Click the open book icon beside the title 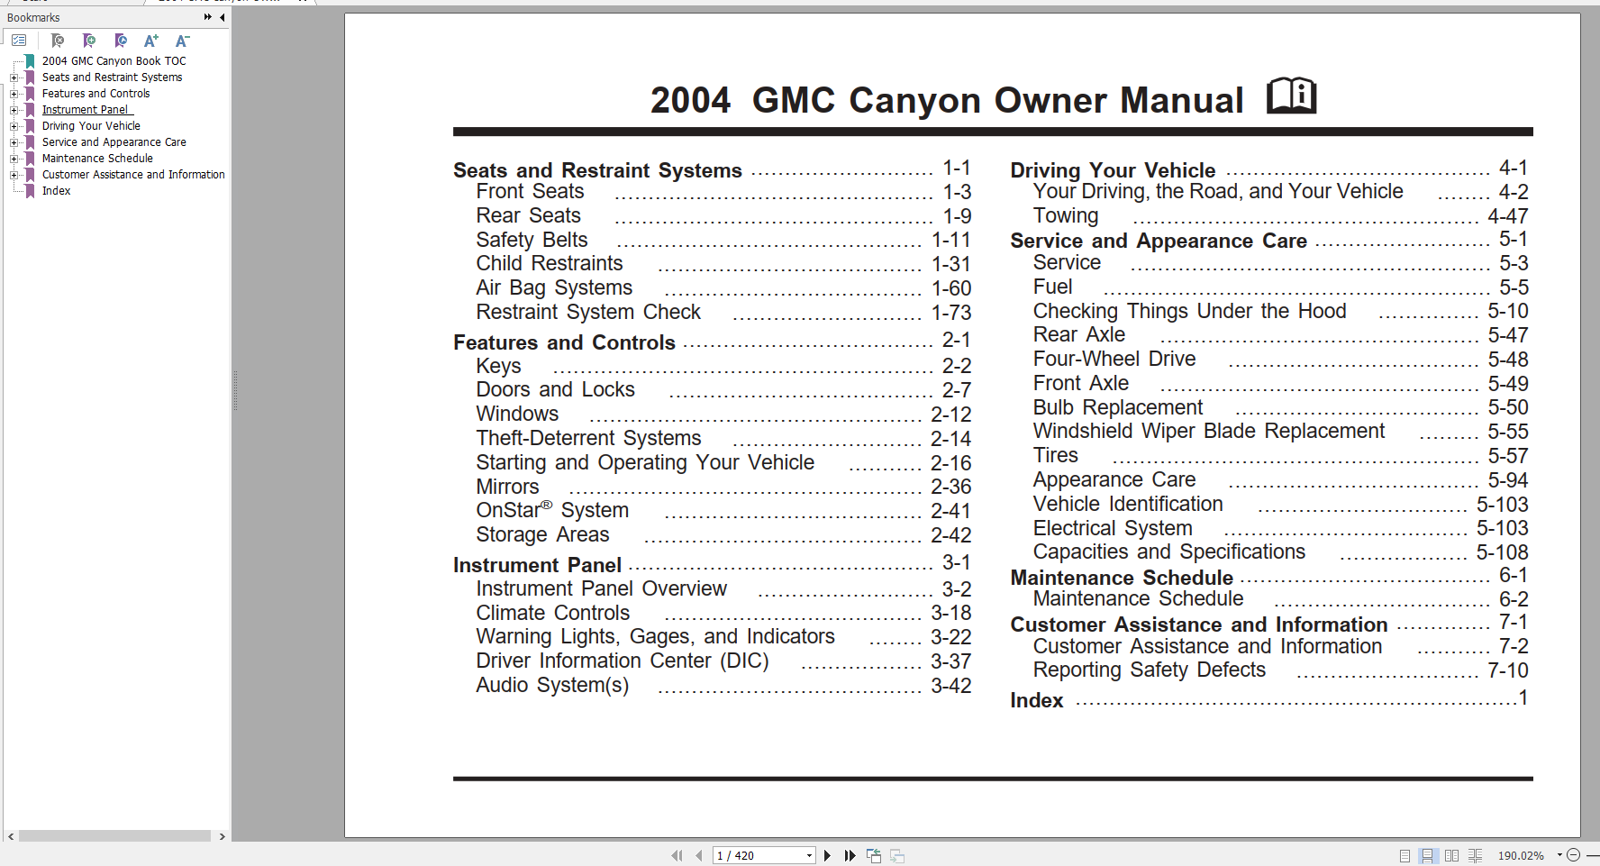[1291, 96]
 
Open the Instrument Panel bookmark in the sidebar [86, 110]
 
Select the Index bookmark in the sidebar [56, 191]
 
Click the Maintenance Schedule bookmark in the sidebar [97, 159]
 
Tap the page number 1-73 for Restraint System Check [950, 313]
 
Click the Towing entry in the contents [1066, 216]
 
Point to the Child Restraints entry [550, 264]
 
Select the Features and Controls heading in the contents [564, 343]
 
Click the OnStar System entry [552, 511]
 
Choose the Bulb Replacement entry [1118, 408]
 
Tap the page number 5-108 [1502, 552]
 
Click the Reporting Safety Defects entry [1150, 670]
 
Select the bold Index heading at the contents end [1036, 701]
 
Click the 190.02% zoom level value [1521, 855]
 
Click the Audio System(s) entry [552, 686]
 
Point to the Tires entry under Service [1056, 456]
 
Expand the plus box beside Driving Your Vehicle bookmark [14, 126]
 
